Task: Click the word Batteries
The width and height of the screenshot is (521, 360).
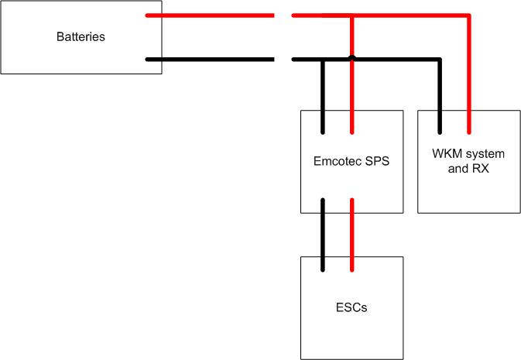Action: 81,37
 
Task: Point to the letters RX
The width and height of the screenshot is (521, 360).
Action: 480,168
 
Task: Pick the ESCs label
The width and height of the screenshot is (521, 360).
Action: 351,307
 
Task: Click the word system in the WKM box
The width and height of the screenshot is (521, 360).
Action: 484,155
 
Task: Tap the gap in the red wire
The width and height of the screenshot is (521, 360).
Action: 283,15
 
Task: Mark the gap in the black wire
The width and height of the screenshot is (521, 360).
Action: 283,59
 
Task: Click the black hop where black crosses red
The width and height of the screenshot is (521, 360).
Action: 352,58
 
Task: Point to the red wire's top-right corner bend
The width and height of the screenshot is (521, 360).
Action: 468,15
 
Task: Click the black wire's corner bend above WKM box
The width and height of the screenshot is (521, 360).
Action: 439,59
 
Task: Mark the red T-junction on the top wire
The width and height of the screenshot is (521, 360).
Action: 352,15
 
